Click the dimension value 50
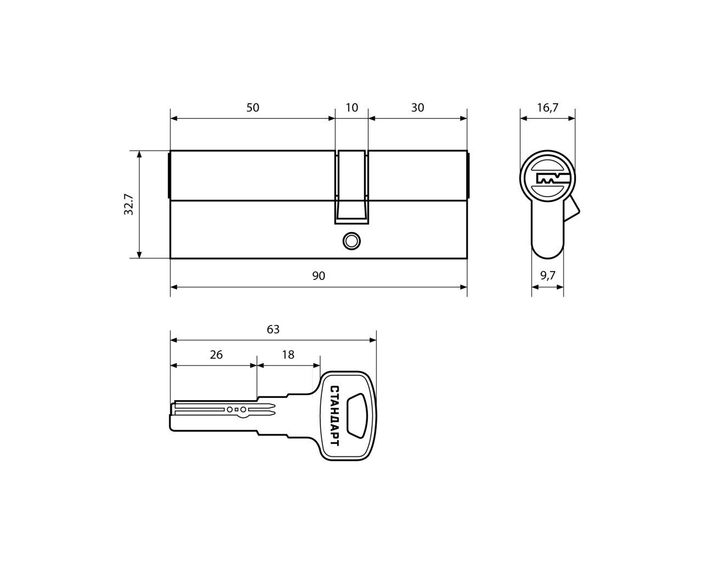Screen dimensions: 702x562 tap(252, 108)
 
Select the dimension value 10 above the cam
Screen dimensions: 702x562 tap(352, 108)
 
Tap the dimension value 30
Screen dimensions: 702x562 tap(417, 108)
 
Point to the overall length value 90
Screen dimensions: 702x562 tap(319, 276)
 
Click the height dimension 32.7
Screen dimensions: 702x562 tap(129, 204)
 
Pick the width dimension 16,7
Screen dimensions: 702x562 tap(548, 108)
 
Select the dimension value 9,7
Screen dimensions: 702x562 tap(548, 276)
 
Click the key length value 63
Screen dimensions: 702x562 tap(273, 329)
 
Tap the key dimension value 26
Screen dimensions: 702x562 tap(216, 355)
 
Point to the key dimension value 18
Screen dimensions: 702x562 tap(288, 355)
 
